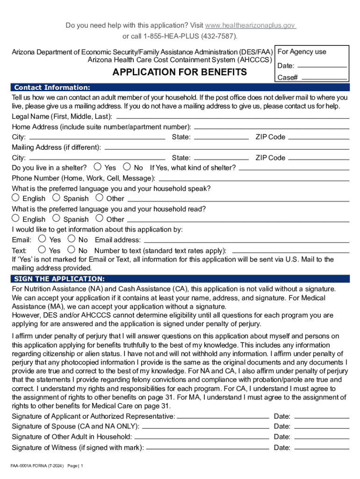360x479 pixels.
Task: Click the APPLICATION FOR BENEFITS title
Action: click(180, 72)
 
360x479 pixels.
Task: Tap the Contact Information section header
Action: click(52, 87)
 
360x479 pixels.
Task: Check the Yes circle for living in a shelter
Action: click(97, 167)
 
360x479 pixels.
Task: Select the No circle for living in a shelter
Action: click(127, 167)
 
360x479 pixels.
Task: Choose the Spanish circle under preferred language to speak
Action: click(56, 197)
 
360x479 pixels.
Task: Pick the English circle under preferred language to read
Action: click(15, 218)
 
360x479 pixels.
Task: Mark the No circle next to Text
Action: click(72, 250)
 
